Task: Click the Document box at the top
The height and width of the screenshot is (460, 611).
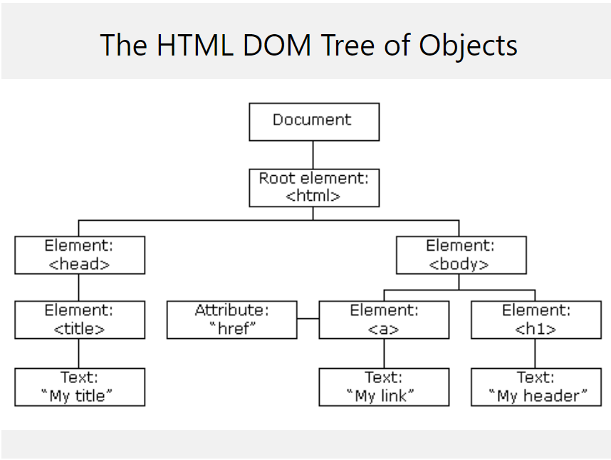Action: pos(313,122)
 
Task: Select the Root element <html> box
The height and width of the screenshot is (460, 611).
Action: pos(313,188)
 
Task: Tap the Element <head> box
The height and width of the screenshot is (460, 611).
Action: pos(79,255)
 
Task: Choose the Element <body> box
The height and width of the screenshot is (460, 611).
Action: pos(461,255)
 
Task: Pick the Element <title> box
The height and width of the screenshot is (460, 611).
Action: pos(79,320)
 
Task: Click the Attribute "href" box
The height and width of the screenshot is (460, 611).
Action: pos(231,320)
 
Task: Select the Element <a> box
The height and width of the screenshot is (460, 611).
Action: pos(384,320)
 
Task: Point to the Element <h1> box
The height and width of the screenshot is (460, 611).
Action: pos(536,320)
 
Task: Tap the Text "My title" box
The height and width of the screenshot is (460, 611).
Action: pos(79,387)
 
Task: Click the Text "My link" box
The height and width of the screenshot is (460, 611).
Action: pos(384,387)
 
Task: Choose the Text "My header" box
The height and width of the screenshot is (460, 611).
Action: pos(536,387)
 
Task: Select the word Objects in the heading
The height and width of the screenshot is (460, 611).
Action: pos(468,45)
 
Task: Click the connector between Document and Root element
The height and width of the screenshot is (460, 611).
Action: pos(313,155)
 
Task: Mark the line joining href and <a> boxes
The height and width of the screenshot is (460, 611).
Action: pos(308,320)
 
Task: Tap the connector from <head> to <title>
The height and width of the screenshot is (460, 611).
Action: pos(79,288)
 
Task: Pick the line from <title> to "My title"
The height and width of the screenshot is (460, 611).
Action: pos(79,353)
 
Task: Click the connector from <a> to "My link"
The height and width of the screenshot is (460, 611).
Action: pos(384,353)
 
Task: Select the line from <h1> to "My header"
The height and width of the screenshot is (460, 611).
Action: pos(536,353)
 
